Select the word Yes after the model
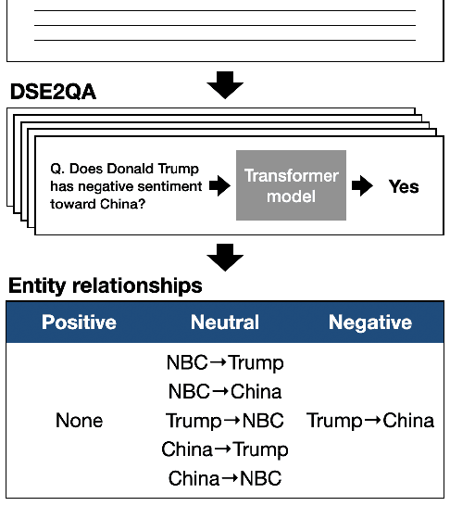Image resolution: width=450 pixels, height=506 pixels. pos(404,186)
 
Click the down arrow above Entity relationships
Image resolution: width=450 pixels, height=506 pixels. pos(224,258)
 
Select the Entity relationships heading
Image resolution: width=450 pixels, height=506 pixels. pos(105,285)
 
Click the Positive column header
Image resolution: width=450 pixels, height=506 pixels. pos(79,323)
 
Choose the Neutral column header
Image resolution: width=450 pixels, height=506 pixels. pos(224,323)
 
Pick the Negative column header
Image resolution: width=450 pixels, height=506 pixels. pos(369,323)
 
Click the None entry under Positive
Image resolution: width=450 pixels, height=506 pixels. pos(79,421)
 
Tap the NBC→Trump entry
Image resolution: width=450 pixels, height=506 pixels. pos(224,362)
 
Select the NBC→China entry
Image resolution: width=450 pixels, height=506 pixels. pos(224,391)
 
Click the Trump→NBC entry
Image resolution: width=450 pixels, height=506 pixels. pos(224,421)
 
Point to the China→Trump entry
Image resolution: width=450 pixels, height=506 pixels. pos(224,449)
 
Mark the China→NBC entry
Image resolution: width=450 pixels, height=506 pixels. pos(224,479)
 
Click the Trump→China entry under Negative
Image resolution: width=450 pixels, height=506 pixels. pos(369,421)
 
